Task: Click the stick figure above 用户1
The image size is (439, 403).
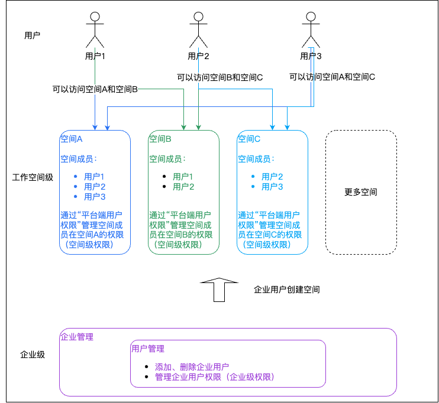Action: (95, 30)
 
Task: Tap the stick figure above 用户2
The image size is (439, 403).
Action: (198, 30)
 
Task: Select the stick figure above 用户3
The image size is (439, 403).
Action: (311, 30)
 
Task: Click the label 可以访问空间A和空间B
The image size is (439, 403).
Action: (95, 89)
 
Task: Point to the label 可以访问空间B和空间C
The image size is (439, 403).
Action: (220, 77)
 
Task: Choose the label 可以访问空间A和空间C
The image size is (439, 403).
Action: (332, 77)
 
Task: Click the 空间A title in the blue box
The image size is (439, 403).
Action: (72, 139)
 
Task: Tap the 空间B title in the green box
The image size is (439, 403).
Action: (160, 139)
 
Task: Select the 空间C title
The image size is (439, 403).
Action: (249, 139)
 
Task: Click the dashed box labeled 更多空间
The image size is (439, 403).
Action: (361, 192)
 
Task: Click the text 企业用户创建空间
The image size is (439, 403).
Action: (287, 290)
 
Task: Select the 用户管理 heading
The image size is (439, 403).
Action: (148, 349)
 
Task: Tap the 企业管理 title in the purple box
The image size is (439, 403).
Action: (77, 337)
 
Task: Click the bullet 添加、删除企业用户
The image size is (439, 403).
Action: (192, 366)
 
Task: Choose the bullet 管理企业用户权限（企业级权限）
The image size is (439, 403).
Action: (214, 377)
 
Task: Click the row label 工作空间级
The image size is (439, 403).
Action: (33, 177)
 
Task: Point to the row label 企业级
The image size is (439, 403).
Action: (33, 355)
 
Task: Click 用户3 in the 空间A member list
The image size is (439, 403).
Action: (95, 197)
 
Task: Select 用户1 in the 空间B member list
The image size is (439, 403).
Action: (183, 176)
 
